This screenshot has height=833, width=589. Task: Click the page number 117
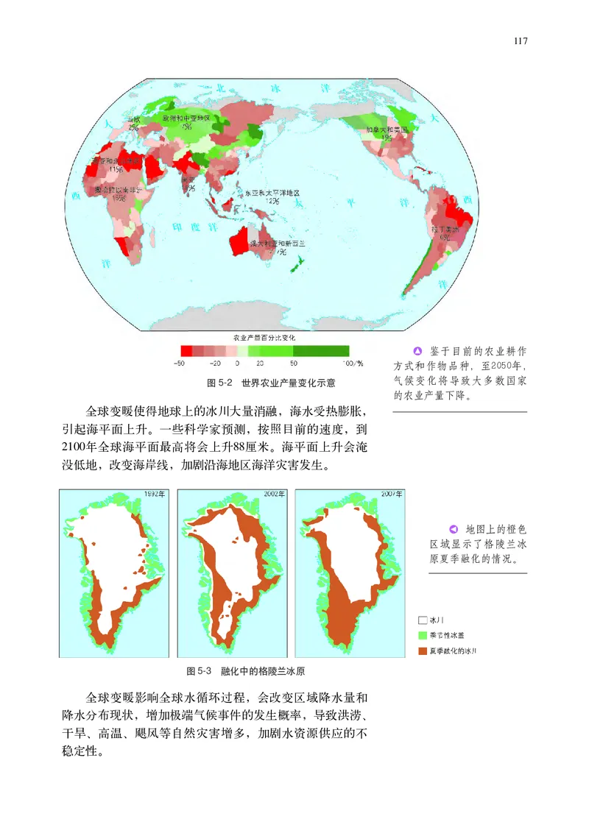tap(521, 41)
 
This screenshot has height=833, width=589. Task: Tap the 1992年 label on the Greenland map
tap(155, 494)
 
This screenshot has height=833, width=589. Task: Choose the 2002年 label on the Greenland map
tap(273, 494)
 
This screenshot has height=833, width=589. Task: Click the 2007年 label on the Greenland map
tap(390, 494)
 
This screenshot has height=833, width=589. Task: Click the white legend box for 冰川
tap(423, 620)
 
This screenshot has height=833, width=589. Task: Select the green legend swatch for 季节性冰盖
tap(423, 635)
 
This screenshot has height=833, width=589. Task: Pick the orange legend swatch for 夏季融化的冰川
tap(423, 651)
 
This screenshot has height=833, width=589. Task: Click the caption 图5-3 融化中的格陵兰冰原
tap(246, 671)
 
